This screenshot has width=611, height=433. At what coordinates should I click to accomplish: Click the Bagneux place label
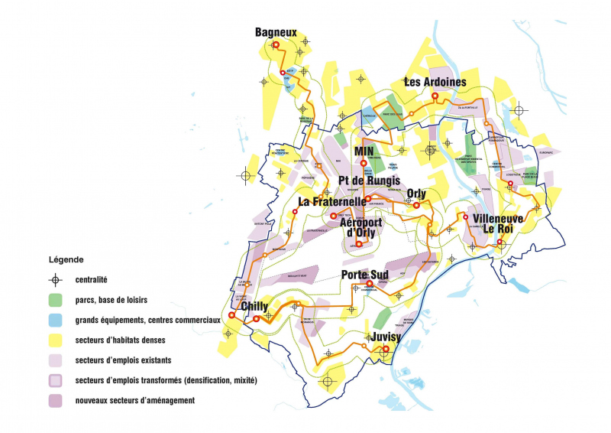pos(276,32)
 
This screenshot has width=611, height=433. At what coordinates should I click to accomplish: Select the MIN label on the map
pos(363,151)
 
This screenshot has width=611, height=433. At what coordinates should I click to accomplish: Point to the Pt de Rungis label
pos(369,181)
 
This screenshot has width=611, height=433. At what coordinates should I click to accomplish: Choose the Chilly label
pos(254,307)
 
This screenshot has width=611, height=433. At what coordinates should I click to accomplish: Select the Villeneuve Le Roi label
pos(493,223)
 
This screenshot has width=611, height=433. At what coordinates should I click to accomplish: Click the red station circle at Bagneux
pos(276,45)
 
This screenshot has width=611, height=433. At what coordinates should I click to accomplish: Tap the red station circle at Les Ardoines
pos(435,96)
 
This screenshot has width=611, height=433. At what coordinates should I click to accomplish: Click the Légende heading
pos(66,260)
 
